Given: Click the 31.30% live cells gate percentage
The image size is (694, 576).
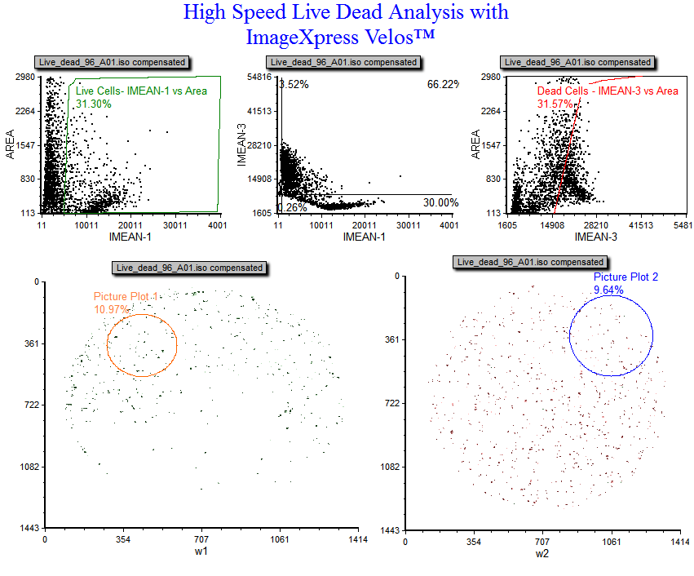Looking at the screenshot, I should (x=93, y=103).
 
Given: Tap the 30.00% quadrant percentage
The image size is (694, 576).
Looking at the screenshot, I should (x=441, y=202).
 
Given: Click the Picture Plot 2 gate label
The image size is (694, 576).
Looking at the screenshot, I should (x=625, y=277).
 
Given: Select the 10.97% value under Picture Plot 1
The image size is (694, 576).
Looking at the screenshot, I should (x=112, y=309).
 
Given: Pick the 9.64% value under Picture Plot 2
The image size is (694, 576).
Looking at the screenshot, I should (x=608, y=290).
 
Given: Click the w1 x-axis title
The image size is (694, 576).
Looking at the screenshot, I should (x=201, y=552).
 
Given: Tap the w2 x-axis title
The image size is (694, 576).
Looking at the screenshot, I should (x=542, y=553).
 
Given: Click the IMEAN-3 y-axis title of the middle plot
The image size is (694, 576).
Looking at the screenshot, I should (x=241, y=145).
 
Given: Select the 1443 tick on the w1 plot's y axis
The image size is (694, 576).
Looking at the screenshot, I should (x=30, y=529).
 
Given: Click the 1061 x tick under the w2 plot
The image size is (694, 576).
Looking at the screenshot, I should (x=611, y=542).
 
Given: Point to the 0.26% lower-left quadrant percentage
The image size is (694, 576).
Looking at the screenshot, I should (x=291, y=207).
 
